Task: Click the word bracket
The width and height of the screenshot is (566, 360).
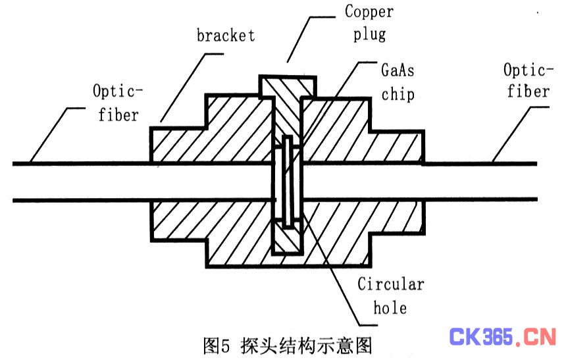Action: [x=225, y=35]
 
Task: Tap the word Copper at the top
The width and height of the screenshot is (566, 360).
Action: [x=369, y=12]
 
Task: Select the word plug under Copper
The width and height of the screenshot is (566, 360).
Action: [x=369, y=33]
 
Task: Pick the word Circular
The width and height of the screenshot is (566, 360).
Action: [x=390, y=284]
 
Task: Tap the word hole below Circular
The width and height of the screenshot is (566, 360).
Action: [x=390, y=307]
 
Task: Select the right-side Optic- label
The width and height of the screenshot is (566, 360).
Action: [x=527, y=69]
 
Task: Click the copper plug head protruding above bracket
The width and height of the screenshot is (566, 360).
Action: [x=286, y=86]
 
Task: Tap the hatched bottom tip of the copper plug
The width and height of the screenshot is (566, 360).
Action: [x=287, y=240]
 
